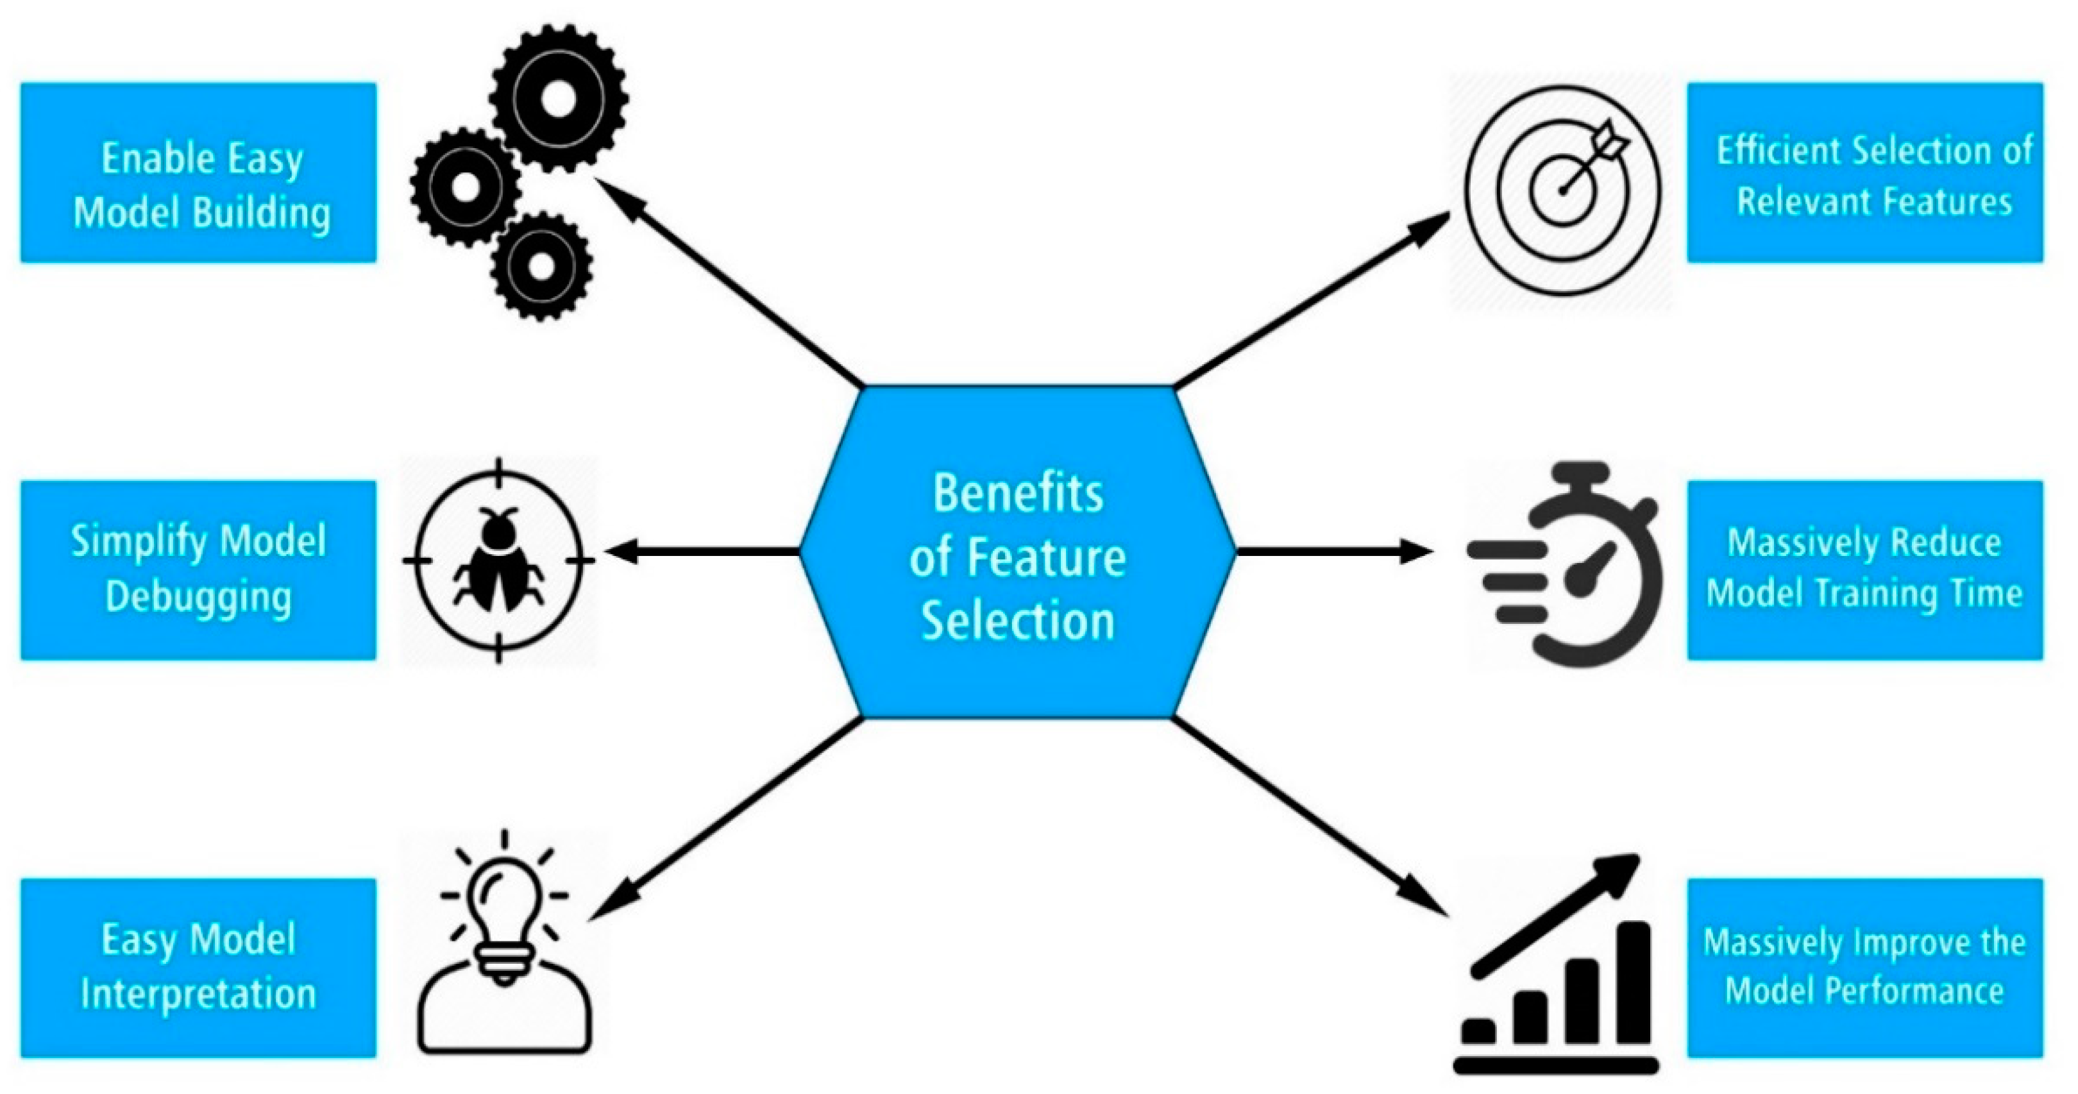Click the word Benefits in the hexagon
(x=1017, y=493)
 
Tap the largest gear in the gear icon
(x=559, y=98)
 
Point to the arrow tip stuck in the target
(x=1565, y=190)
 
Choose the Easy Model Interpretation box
(x=198, y=967)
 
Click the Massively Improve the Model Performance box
(x=1864, y=967)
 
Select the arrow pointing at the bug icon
(x=702, y=552)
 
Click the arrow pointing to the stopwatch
(x=1331, y=552)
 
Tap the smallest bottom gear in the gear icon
(x=541, y=265)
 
